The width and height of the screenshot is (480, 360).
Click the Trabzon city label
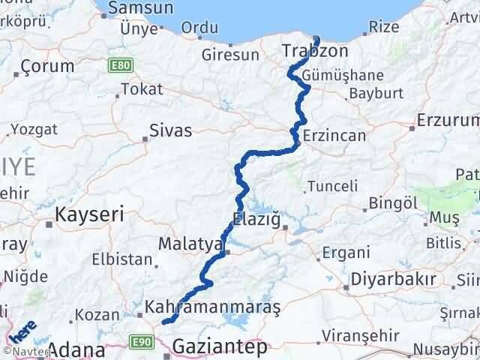point(316,51)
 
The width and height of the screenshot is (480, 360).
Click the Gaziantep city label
point(219,346)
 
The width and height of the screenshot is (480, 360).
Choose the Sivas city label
point(171,130)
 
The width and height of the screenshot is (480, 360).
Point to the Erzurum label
point(448,120)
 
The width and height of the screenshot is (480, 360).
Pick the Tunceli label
point(328,185)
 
